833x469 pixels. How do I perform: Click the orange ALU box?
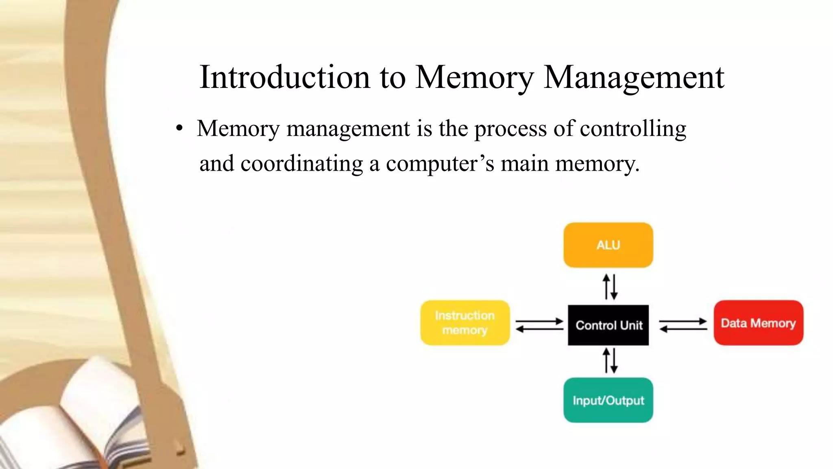click(x=608, y=245)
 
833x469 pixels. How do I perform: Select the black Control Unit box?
click(x=608, y=325)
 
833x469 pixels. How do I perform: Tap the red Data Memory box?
click(x=758, y=323)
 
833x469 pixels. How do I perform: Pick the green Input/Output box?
click(x=608, y=400)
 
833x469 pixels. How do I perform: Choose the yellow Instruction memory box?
click(x=465, y=323)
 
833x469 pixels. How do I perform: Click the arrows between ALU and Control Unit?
click(x=610, y=287)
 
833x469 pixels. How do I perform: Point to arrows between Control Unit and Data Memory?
click(x=683, y=325)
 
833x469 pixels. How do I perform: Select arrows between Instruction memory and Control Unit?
click(x=539, y=325)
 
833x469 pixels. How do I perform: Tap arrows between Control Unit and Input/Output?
click(x=610, y=361)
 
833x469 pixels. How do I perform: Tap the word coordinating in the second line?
click(x=301, y=164)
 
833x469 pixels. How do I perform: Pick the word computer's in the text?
click(x=440, y=164)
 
